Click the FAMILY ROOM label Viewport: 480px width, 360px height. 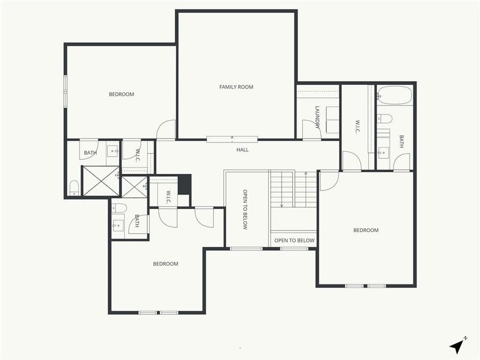[236, 87]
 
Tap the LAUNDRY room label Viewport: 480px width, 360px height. [317, 117]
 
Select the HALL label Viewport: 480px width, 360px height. [243, 150]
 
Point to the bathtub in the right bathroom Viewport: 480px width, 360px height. [394, 96]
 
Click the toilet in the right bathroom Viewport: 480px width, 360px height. [385, 118]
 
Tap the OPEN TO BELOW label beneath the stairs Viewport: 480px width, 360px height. [294, 241]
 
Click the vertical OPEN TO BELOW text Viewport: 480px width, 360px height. [245, 210]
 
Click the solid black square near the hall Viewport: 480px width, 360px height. [184, 185]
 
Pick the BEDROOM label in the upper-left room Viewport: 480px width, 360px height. [122, 94]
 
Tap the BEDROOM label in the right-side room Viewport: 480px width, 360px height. [366, 230]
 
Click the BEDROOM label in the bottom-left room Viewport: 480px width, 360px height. [166, 264]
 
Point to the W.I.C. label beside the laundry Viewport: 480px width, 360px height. [357, 126]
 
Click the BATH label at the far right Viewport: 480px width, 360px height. [402, 141]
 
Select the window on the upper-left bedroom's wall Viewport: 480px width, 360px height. [66, 91]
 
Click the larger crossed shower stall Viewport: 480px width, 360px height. [100, 181]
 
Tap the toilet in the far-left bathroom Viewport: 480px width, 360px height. [75, 187]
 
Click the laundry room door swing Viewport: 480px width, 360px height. [310, 130]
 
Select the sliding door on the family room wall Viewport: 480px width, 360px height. [232, 140]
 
